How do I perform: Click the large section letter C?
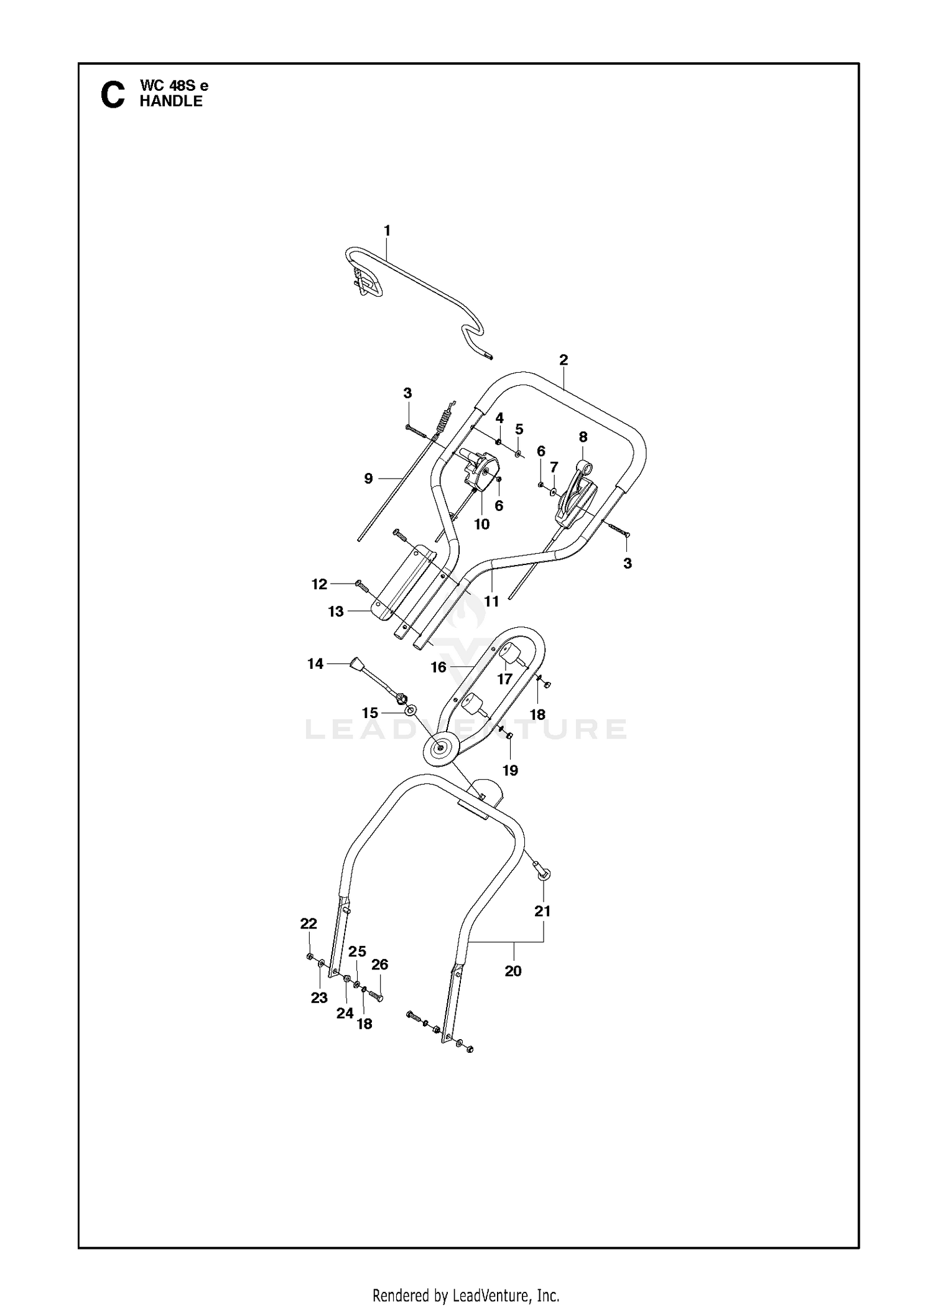point(112,95)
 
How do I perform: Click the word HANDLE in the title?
point(171,101)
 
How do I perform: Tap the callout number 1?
point(387,231)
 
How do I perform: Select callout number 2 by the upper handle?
point(564,360)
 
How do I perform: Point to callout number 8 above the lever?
point(583,437)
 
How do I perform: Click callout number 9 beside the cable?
point(368,479)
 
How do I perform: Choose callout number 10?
point(482,524)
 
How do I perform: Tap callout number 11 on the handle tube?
point(491,601)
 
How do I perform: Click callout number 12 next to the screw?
point(319,584)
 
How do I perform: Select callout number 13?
point(336,612)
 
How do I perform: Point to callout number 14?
point(315,664)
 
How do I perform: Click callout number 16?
point(439,667)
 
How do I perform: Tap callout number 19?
point(510,770)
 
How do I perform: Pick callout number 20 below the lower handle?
point(513,971)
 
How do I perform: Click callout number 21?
point(543,911)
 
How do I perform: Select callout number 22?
point(309,924)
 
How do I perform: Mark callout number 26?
point(379,965)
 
